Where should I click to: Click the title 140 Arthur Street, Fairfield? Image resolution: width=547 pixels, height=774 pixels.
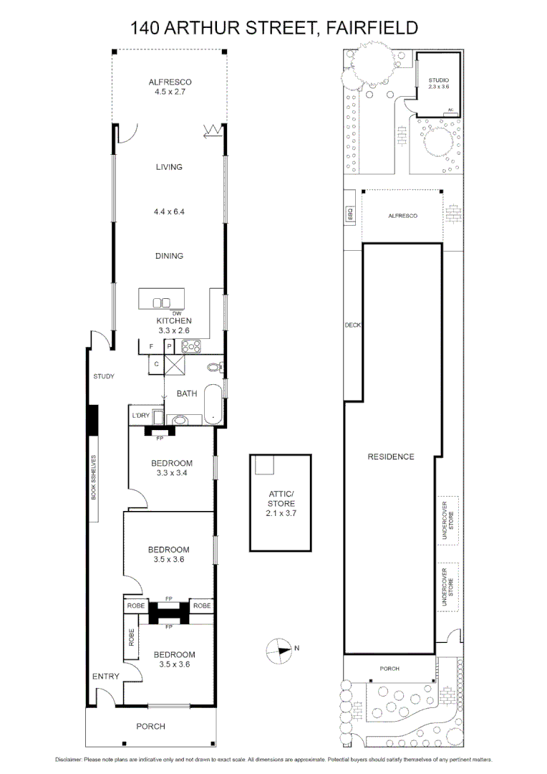point(273,27)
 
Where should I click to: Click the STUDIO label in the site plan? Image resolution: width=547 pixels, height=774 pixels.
point(438,80)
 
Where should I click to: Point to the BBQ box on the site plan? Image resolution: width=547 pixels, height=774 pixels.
point(351,214)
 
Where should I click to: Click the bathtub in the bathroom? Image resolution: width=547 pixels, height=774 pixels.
point(214,403)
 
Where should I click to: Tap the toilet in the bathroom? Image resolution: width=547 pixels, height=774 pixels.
point(214,368)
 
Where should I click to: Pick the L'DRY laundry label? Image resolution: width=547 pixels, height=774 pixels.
point(140,416)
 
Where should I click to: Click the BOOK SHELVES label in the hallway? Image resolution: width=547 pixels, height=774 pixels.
point(92,477)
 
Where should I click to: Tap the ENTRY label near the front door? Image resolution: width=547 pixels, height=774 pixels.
point(105,677)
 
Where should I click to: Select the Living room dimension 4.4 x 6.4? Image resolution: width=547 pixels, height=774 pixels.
point(170,212)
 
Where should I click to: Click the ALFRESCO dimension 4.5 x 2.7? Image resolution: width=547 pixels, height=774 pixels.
point(170,92)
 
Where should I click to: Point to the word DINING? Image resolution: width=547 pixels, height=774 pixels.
point(170,256)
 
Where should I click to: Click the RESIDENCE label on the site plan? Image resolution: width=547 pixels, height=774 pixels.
point(391,457)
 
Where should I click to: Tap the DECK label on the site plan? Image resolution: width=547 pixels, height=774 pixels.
point(353,325)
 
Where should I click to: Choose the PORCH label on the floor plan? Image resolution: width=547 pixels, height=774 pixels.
point(151,726)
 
